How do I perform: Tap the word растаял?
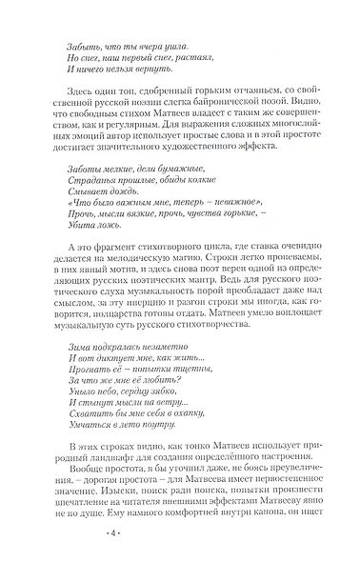coord(183,59)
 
